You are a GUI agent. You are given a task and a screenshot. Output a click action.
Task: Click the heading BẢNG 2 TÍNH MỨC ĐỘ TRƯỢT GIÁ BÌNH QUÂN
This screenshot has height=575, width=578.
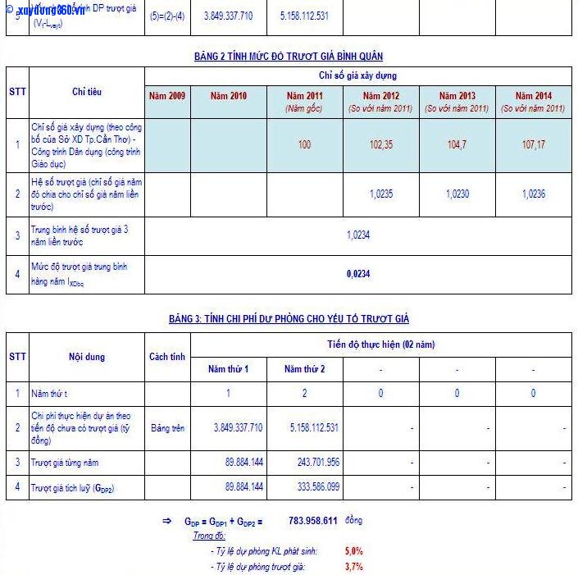pyautogui.click(x=289, y=57)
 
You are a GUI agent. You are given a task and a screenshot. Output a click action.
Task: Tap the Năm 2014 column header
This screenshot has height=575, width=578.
pyautogui.click(x=533, y=97)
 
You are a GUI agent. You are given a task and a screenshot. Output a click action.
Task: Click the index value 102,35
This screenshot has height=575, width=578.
pyautogui.click(x=380, y=144)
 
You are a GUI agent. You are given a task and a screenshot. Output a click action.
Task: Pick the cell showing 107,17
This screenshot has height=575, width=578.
pyautogui.click(x=533, y=144)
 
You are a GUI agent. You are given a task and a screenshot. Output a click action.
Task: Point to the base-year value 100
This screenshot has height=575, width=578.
pyautogui.click(x=304, y=144)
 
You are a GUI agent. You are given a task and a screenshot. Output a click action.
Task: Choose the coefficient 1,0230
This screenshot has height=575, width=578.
pyautogui.click(x=457, y=194)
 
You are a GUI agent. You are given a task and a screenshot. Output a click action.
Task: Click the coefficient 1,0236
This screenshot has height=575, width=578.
pyautogui.click(x=533, y=194)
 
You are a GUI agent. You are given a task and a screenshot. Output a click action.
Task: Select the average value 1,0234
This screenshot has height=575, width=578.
pyautogui.click(x=358, y=235)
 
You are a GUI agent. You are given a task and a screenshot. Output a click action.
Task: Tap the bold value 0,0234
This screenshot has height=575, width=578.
pyautogui.click(x=358, y=274)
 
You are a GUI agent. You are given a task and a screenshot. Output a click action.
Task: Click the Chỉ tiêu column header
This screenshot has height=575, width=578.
pyautogui.click(x=87, y=92)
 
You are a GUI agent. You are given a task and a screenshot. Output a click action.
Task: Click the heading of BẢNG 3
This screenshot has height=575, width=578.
pyautogui.click(x=289, y=318)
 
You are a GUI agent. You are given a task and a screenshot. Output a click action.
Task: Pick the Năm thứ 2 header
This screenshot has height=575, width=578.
pyautogui.click(x=304, y=369)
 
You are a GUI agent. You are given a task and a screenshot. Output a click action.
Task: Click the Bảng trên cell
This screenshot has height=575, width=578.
pyautogui.click(x=167, y=427)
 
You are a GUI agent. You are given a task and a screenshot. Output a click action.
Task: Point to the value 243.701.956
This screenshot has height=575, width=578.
pyautogui.click(x=315, y=463)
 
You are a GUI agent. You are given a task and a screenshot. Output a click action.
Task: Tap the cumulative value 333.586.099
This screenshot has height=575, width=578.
pyautogui.click(x=315, y=487)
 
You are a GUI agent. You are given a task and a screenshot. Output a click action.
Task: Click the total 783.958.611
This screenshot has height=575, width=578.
pyautogui.click(x=313, y=521)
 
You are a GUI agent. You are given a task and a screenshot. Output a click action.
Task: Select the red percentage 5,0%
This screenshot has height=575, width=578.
pyautogui.click(x=354, y=551)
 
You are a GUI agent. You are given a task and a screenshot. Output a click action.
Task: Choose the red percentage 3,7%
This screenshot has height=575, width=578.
pyautogui.click(x=354, y=566)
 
